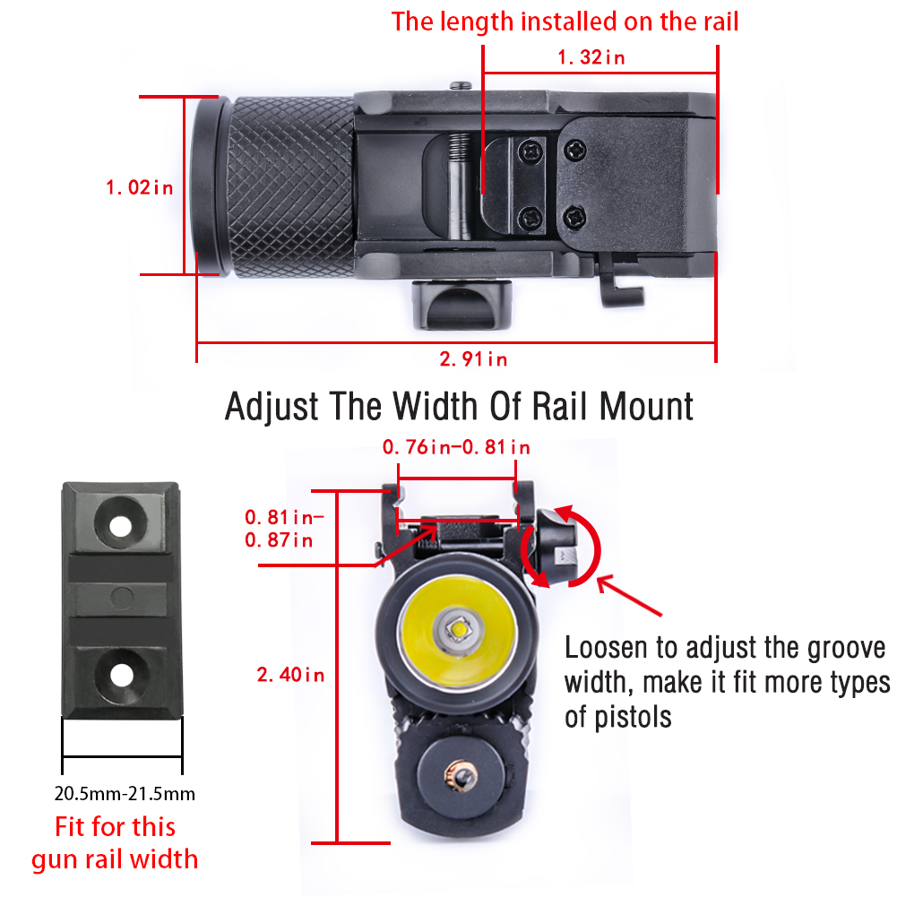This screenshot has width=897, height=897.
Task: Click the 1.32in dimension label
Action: coord(591,57)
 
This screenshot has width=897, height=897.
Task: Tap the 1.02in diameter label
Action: coord(140,187)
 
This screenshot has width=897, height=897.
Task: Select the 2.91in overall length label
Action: coord(473,358)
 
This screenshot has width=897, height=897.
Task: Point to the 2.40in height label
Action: coord(290,675)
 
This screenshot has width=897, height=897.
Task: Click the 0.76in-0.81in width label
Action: coord(456,447)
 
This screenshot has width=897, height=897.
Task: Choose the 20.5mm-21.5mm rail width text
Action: coord(125,793)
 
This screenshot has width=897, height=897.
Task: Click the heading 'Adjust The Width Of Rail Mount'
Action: coord(459,407)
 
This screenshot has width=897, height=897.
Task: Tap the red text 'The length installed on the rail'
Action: coord(565,22)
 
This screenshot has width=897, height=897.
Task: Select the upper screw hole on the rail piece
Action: coord(121,526)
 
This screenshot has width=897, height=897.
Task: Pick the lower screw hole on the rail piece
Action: coord(121,675)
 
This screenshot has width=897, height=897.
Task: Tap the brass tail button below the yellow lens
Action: coord(460,776)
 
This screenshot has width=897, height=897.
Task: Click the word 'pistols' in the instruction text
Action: coord(633,718)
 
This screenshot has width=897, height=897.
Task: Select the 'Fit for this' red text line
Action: coord(115,826)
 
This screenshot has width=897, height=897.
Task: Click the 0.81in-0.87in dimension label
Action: coord(284,528)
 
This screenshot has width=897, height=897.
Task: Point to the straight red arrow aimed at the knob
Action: coord(629,596)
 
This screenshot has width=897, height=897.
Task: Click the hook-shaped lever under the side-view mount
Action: coord(621,280)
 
